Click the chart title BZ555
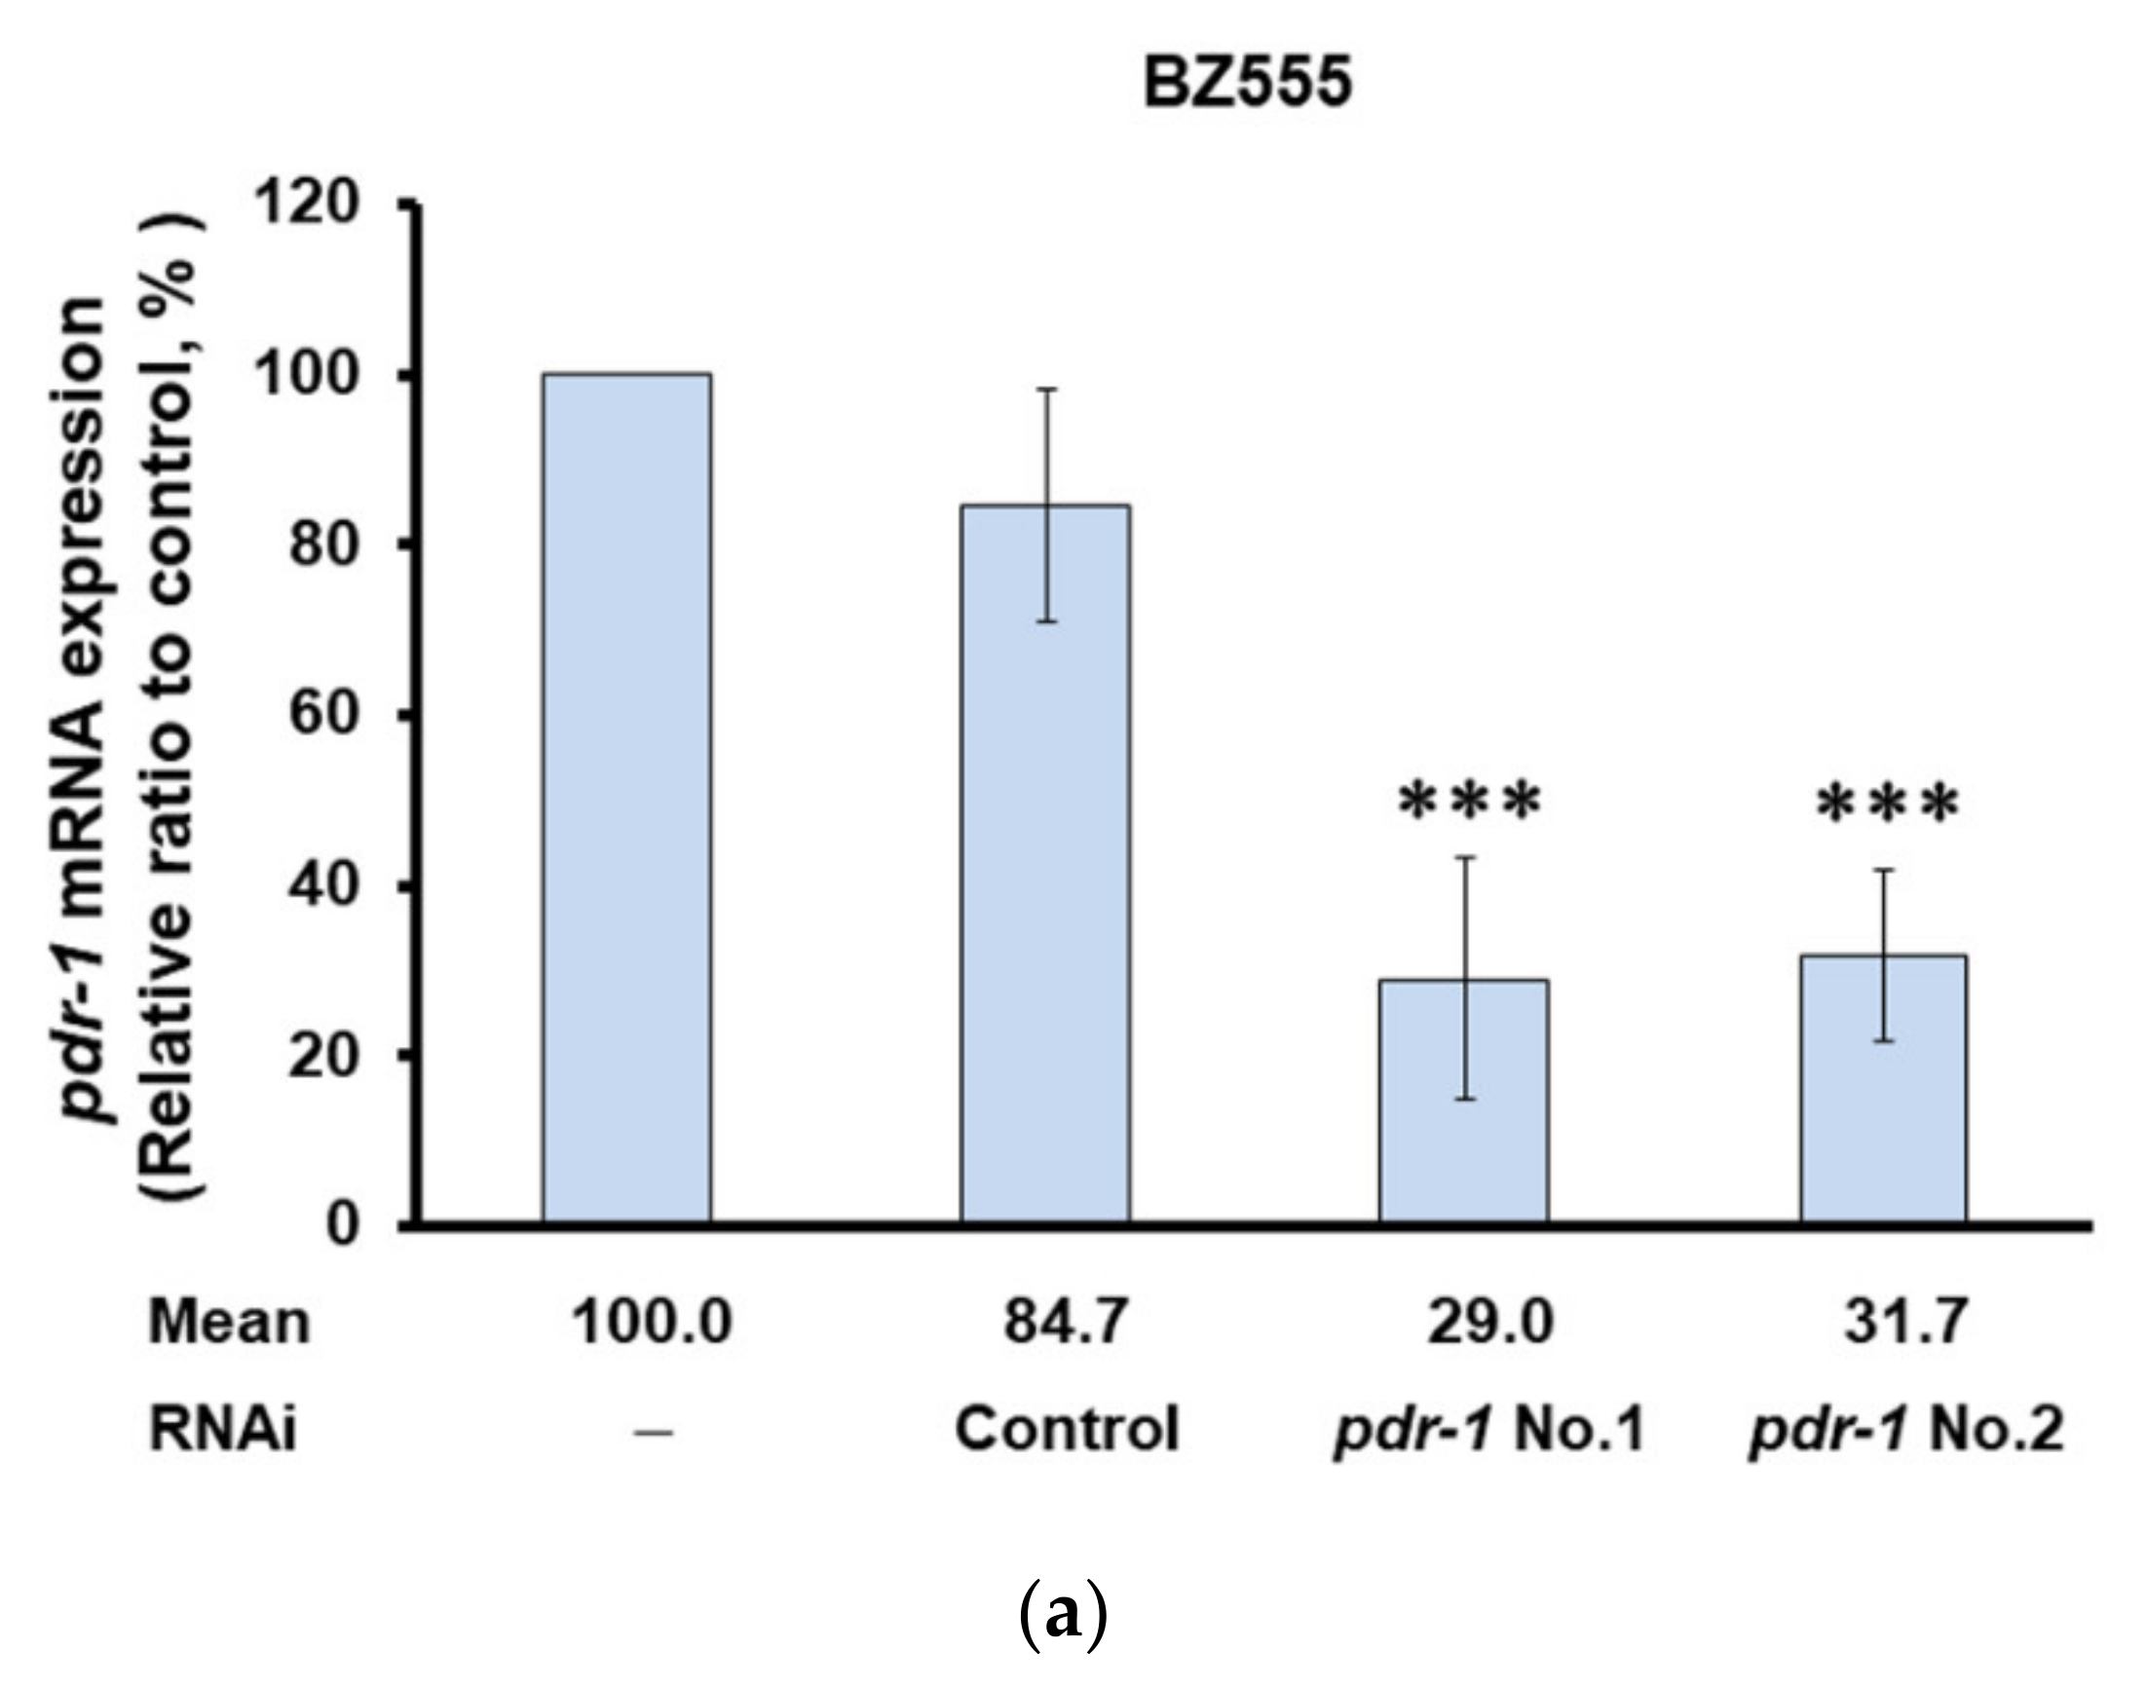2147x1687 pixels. [x=1247, y=83]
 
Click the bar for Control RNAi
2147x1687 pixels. [x=1046, y=864]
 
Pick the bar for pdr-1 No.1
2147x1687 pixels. [x=1463, y=1101]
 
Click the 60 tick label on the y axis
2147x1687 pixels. [x=321, y=715]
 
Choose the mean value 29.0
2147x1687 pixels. [x=1490, y=1322]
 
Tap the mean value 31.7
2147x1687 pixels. [x=1906, y=1322]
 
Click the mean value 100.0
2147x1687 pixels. [x=653, y=1322]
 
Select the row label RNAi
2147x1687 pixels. [x=222, y=1429]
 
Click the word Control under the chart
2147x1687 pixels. [x=1067, y=1429]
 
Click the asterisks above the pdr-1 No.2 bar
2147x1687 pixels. [x=1888, y=802]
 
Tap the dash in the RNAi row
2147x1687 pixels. [x=653, y=1431]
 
